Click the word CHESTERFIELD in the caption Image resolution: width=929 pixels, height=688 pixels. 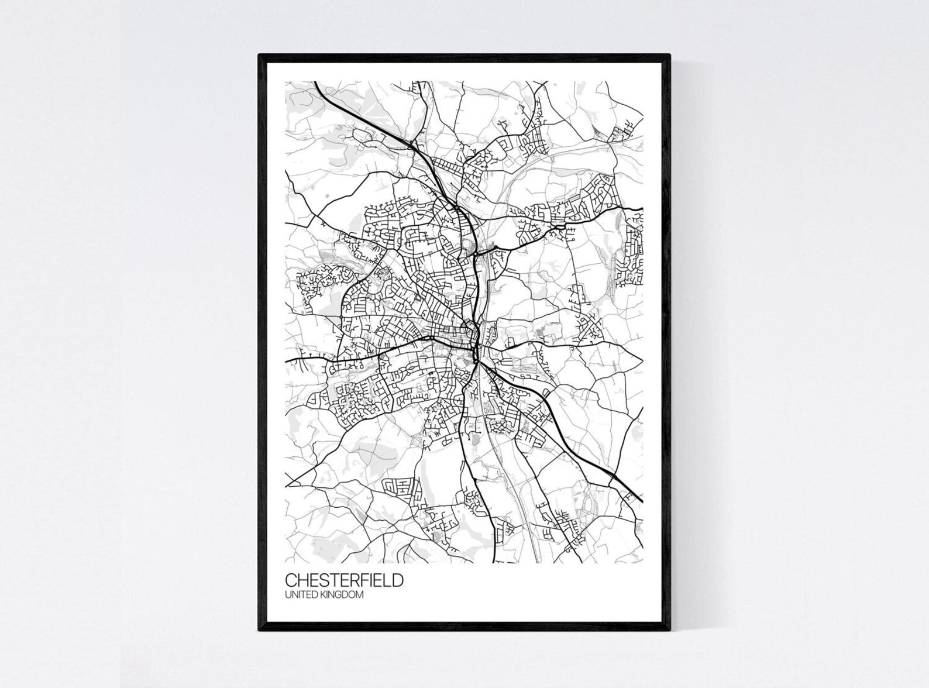[344, 581]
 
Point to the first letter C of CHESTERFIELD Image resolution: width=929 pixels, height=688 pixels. [291, 581]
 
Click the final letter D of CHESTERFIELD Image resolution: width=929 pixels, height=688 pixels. [397, 581]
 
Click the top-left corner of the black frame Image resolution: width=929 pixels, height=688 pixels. [260, 55]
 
